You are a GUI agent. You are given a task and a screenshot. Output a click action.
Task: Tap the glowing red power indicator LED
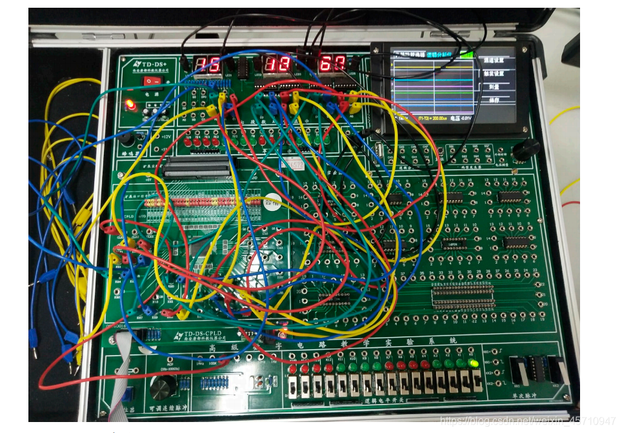131,103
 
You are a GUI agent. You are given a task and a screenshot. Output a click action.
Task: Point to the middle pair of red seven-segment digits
276,64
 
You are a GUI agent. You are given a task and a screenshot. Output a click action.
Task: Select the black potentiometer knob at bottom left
163,387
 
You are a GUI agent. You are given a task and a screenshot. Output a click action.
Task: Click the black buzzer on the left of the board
126,138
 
